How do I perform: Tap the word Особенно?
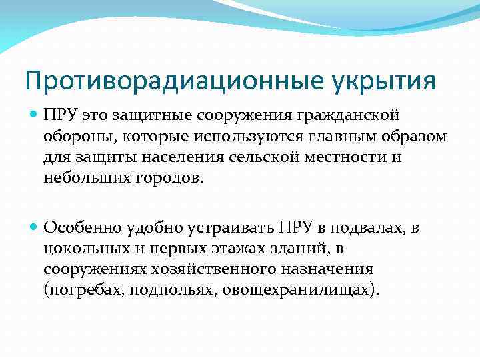(x=80, y=229)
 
